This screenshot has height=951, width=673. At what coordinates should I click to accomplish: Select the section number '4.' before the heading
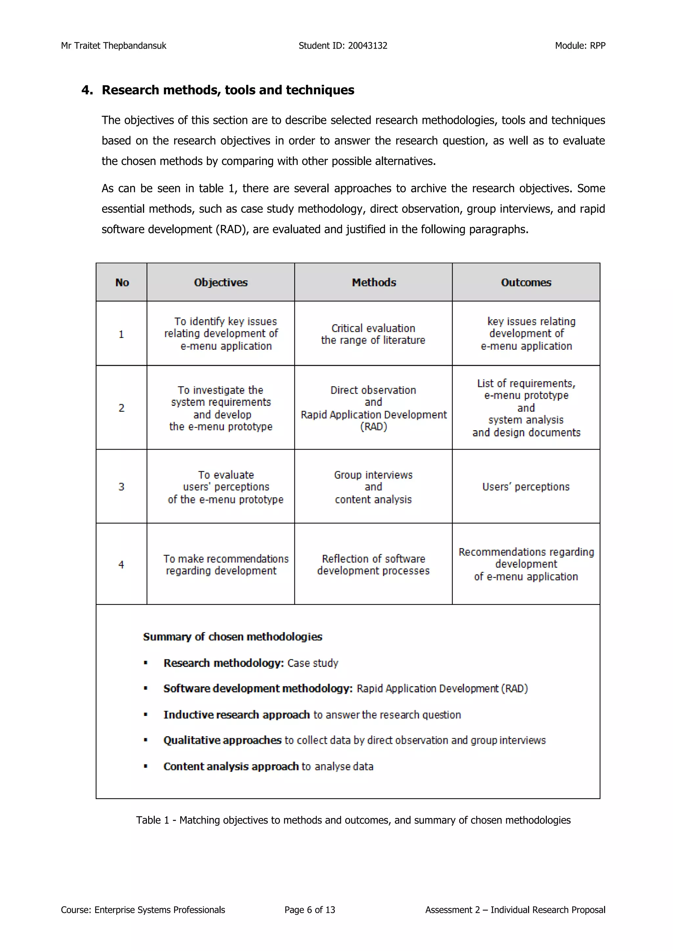87,90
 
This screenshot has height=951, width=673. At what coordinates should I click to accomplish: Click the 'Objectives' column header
220,282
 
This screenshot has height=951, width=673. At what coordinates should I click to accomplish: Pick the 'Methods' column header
374,282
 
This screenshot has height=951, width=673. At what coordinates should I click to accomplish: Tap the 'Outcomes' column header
526,282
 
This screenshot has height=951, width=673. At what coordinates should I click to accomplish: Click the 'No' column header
122,282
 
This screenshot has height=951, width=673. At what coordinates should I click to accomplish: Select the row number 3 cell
121,487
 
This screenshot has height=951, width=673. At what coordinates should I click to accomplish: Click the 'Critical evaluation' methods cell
373,334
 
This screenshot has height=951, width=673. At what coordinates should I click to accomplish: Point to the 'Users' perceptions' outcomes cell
525,487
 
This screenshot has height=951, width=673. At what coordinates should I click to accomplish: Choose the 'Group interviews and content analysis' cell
373,487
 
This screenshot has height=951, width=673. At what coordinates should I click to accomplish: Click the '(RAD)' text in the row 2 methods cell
373,427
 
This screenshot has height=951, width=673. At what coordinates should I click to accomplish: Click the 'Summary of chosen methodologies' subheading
232,637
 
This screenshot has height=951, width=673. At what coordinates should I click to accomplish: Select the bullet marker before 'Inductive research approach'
146,715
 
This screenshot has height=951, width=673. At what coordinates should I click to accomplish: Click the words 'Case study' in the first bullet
313,663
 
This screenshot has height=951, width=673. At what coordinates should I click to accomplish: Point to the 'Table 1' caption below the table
353,820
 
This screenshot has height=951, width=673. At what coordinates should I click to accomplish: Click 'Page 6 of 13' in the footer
310,910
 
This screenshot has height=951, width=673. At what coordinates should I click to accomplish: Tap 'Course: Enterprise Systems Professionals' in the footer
143,910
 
